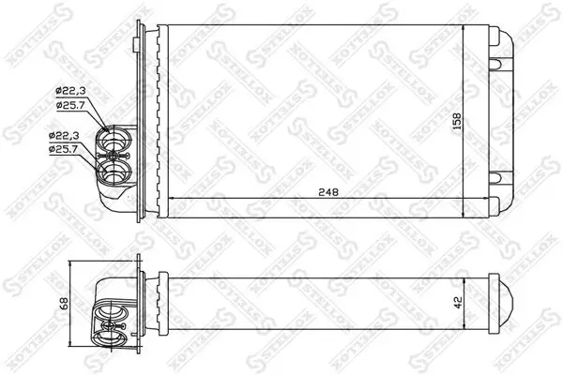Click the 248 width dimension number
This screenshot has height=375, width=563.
[x=327, y=191]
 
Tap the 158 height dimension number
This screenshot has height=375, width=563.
[x=457, y=121]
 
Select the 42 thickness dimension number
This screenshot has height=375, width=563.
[x=457, y=303]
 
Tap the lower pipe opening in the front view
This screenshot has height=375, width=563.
[x=114, y=172]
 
